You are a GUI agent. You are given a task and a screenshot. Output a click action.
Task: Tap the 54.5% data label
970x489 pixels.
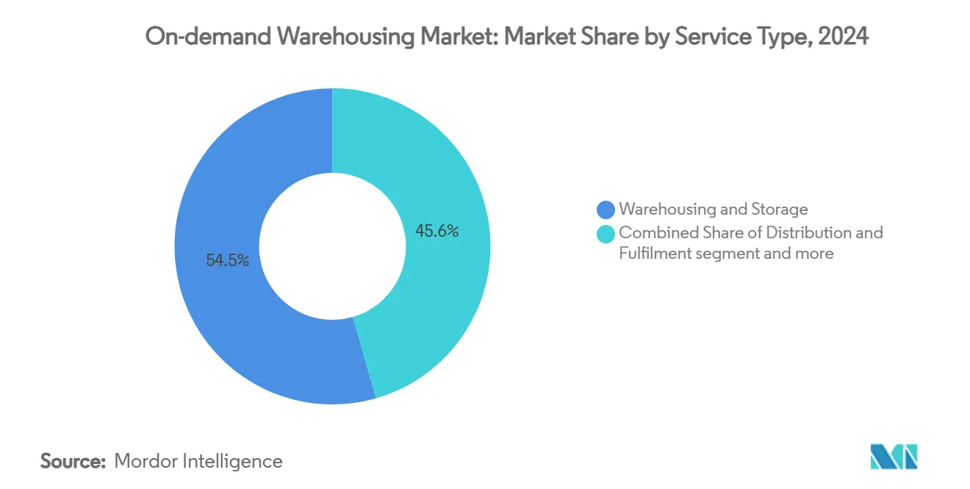228,260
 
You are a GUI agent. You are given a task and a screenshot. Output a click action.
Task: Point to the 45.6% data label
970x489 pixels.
437,232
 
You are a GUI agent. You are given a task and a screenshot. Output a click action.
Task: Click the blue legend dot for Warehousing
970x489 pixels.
606,210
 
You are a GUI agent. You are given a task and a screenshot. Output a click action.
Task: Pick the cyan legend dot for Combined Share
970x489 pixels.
606,234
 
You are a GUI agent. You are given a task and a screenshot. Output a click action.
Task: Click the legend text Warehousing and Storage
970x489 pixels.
713,210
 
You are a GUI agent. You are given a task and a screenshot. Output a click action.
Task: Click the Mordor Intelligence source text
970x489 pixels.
198,461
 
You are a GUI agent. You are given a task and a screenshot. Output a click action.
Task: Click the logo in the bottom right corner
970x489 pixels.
894,457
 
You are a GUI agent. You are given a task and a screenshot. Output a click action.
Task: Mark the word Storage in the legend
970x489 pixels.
779,210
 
